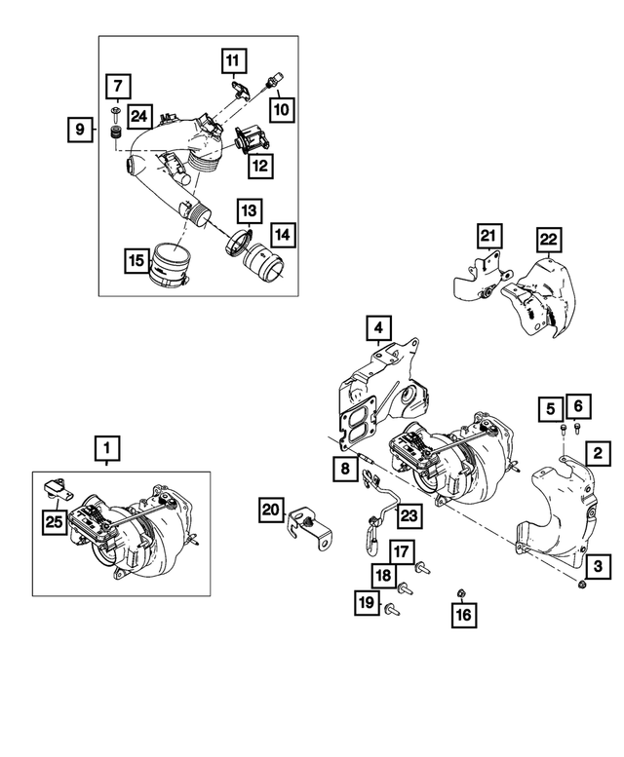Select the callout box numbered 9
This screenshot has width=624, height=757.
click(x=81, y=128)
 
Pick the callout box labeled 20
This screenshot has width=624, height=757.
click(x=272, y=509)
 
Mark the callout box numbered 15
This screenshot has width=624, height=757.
click(x=137, y=260)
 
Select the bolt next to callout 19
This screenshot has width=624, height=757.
click(x=392, y=610)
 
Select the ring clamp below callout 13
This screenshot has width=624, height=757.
click(x=238, y=243)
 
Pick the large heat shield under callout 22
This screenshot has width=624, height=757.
click(x=536, y=292)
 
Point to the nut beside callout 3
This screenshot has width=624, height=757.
click(x=582, y=584)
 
